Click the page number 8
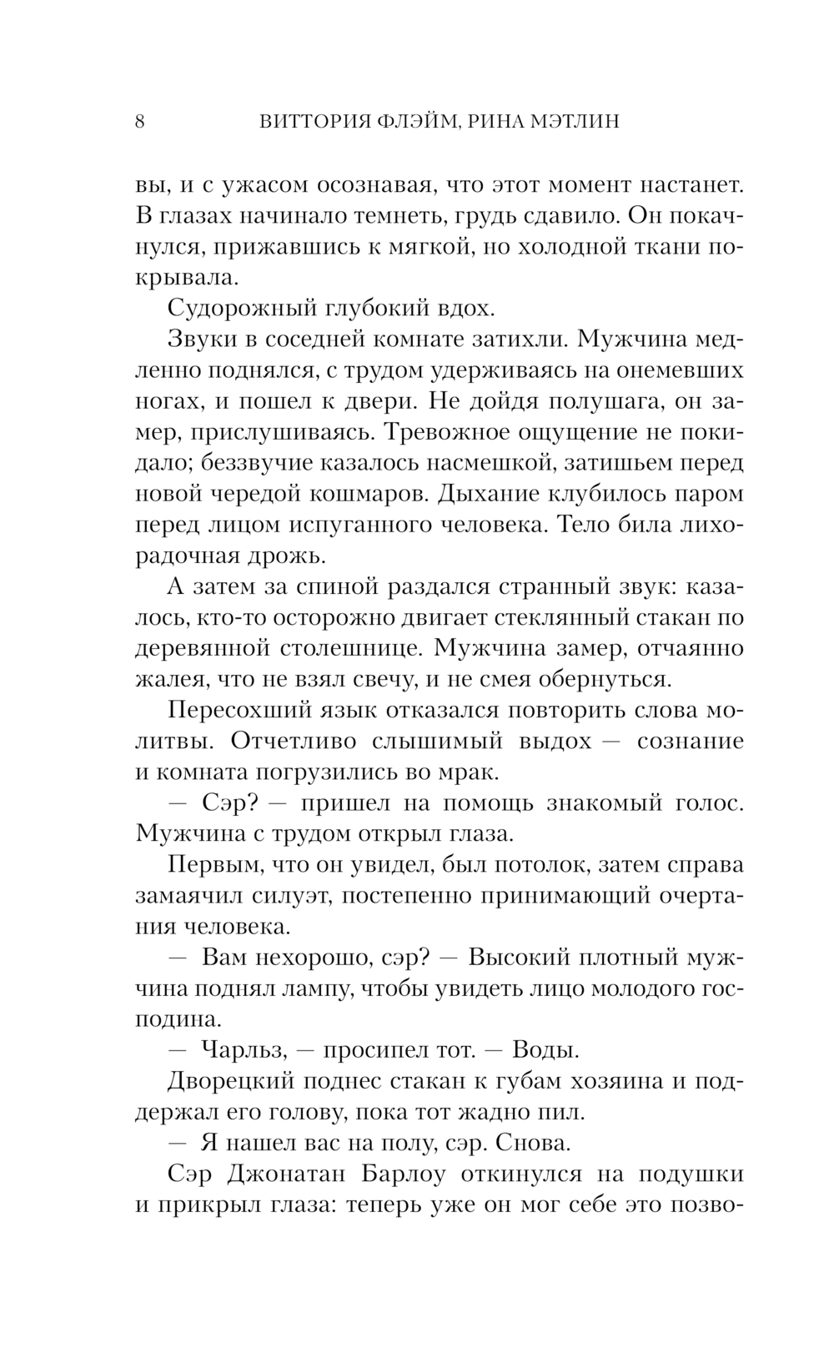coord(139,122)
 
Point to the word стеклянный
coord(561,618)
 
